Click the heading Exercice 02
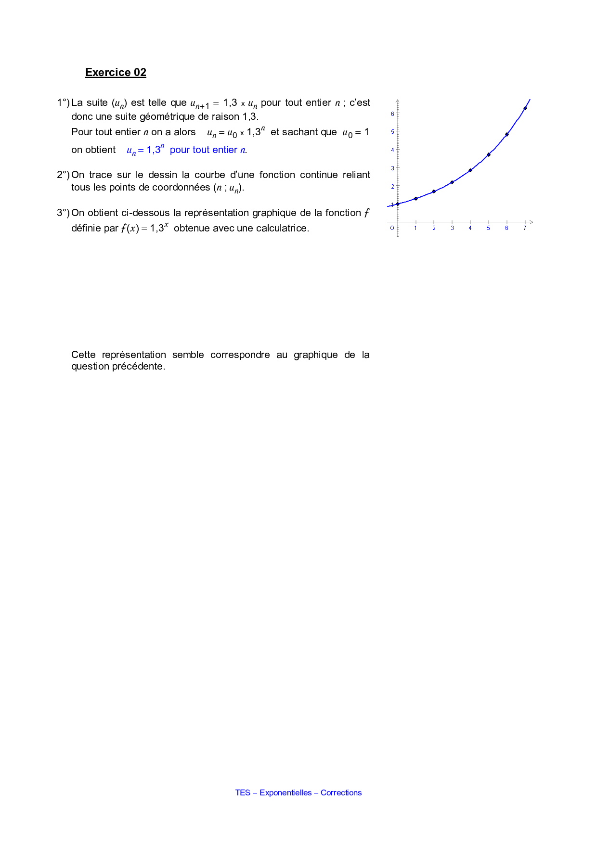116,73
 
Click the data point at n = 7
525,108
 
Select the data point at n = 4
470,170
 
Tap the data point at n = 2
434,192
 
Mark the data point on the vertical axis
398,204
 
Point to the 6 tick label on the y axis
392,114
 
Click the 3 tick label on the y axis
392,168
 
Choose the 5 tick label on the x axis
488,228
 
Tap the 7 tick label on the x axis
525,228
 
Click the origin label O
392,228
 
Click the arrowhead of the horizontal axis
531,222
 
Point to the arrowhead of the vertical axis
398,101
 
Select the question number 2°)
63,175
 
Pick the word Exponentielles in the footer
286,793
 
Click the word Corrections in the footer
341,793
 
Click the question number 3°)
63,213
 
